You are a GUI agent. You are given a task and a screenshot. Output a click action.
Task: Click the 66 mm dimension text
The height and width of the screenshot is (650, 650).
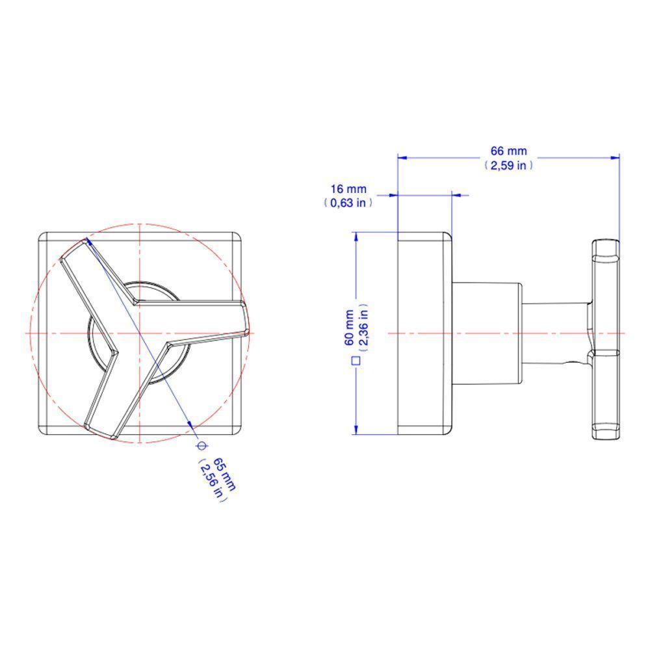point(508,151)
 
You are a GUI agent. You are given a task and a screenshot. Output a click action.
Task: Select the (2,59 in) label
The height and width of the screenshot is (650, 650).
point(508,165)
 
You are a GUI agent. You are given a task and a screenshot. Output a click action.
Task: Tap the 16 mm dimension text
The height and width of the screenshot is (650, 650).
point(348,189)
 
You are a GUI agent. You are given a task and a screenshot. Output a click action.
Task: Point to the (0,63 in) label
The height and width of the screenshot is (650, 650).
point(348,203)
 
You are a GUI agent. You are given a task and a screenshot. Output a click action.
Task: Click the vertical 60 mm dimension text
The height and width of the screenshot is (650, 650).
point(349,328)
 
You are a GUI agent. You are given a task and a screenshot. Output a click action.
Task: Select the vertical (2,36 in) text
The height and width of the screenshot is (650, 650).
point(363,328)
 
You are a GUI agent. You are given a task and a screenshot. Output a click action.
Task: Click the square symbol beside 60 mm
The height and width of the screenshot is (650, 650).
point(355,359)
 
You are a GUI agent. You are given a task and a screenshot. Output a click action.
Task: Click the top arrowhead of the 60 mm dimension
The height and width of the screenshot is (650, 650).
point(356,237)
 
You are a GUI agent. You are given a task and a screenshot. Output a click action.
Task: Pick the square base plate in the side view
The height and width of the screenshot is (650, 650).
point(424,333)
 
